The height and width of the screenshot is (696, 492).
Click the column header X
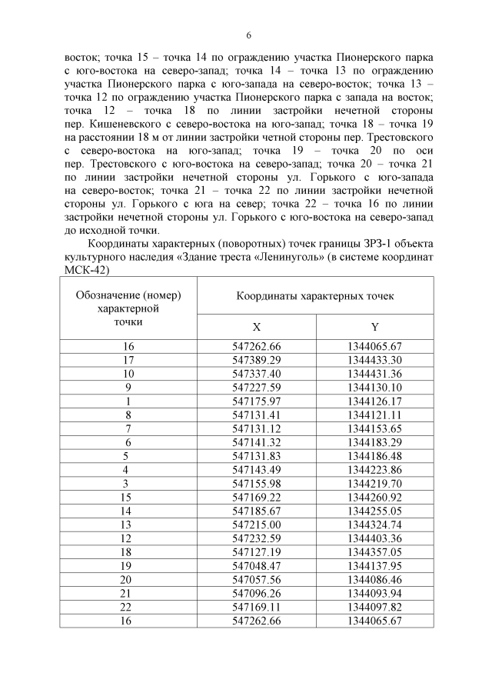(x=257, y=326)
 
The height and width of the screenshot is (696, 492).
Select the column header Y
(x=374, y=326)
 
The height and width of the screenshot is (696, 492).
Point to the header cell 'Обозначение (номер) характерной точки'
(x=128, y=308)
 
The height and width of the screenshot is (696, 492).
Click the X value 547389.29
(x=257, y=359)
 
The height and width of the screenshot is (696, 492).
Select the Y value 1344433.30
(x=374, y=359)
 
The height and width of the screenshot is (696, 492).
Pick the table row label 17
(x=128, y=359)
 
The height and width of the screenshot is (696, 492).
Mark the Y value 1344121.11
(x=374, y=414)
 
